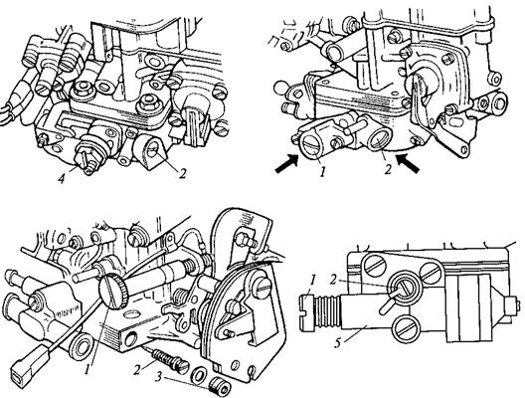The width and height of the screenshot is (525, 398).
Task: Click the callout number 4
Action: pos(62,178)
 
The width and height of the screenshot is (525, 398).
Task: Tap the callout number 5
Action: pos(338,343)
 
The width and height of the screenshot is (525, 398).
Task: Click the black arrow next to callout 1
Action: pos(286,163)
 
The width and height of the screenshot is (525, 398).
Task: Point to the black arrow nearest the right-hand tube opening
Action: pos(408,163)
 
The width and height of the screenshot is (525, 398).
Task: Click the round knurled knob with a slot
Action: pos(114,295)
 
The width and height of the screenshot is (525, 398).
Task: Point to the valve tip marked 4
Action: pos(84,159)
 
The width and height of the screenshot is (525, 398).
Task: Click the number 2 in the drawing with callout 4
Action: pos(182,174)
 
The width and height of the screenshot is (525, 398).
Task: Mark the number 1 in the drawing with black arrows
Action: pos(322,172)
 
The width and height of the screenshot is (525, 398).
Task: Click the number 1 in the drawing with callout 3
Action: pos(87,369)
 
